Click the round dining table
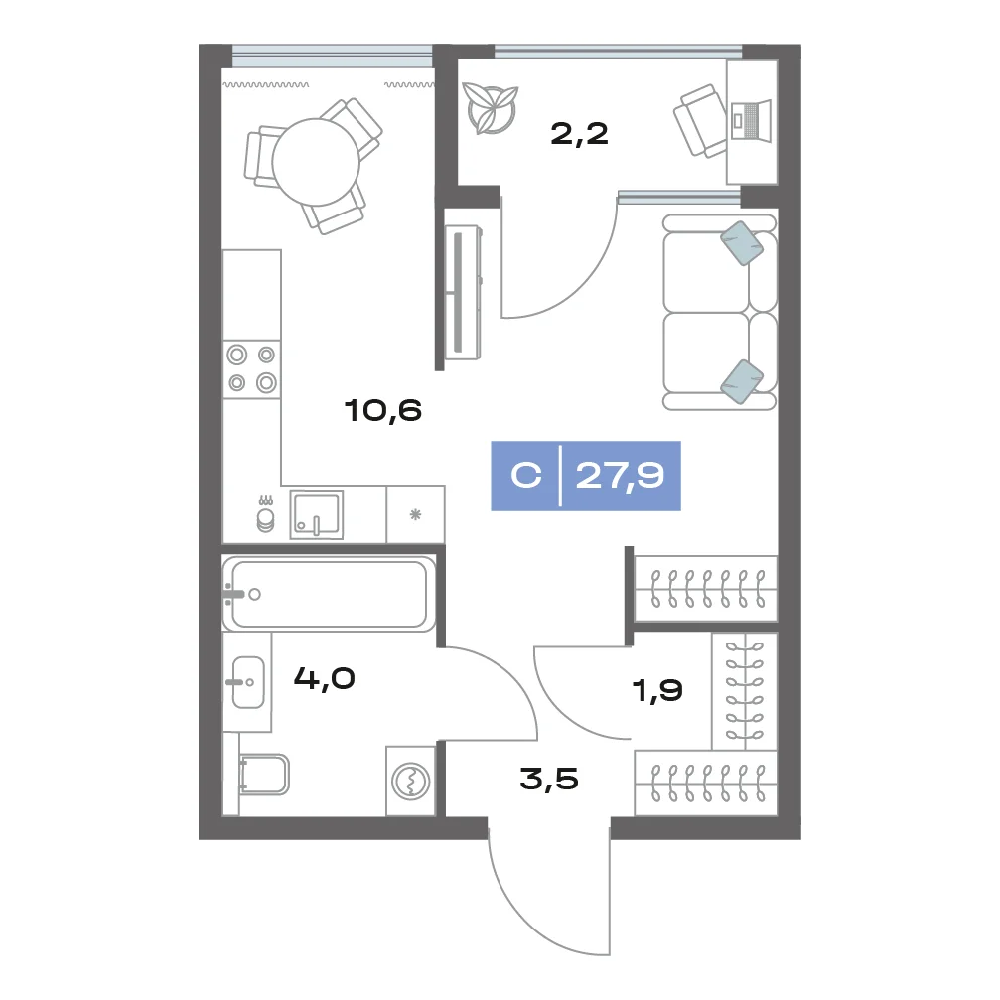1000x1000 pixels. click(316, 161)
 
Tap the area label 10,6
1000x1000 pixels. click(382, 411)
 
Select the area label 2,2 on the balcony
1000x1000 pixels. click(579, 135)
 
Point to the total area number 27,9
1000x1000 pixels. click(620, 476)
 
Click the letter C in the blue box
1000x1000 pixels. click(526, 475)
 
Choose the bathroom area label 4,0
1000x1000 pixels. click(324, 678)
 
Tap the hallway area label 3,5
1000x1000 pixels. click(549, 779)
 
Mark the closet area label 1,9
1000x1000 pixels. click(656, 690)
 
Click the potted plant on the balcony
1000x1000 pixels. click(490, 108)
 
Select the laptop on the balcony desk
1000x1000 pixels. click(751, 119)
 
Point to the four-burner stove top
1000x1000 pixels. click(252, 369)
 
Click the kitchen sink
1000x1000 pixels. click(317, 514)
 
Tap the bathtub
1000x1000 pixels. click(329, 594)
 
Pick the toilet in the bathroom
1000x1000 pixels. click(263, 775)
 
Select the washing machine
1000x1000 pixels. click(411, 781)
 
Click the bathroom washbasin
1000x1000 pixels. click(248, 682)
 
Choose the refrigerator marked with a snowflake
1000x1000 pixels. click(415, 514)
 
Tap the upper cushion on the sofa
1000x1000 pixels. click(742, 243)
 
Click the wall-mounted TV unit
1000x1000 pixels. click(463, 292)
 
